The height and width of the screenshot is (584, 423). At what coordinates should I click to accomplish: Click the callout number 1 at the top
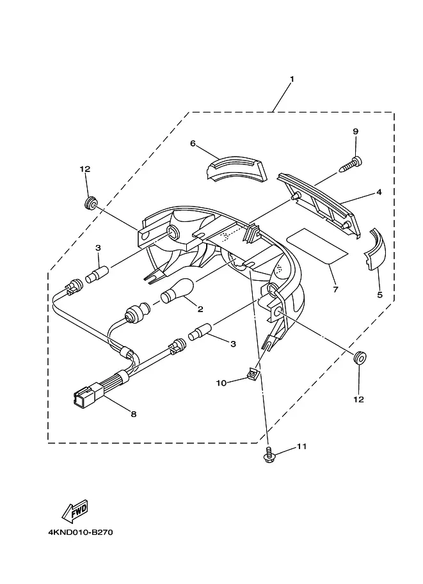point(292,79)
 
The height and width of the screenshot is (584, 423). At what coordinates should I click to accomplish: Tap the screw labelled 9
point(352,164)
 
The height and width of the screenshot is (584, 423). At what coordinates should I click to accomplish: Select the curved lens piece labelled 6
point(236,169)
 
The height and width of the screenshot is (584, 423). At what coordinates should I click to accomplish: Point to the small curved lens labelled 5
point(374,249)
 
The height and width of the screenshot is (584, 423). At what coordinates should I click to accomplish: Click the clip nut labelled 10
point(254,372)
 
